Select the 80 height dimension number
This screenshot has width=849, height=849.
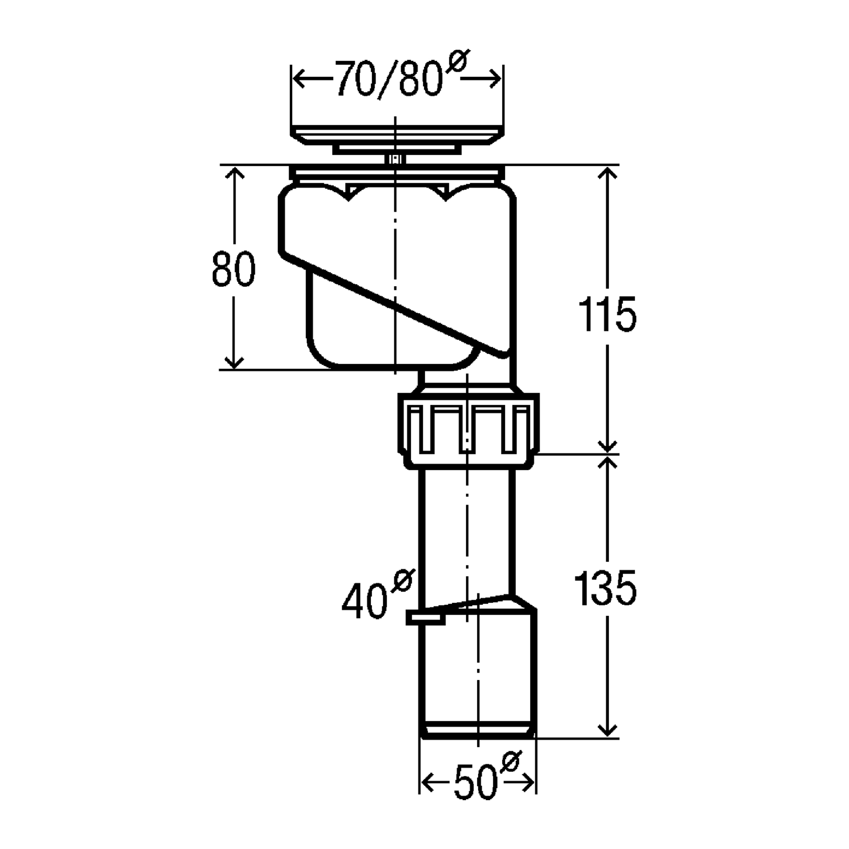coord(233,269)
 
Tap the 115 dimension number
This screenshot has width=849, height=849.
coord(607,314)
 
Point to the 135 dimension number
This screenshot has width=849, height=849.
coord(606,588)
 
